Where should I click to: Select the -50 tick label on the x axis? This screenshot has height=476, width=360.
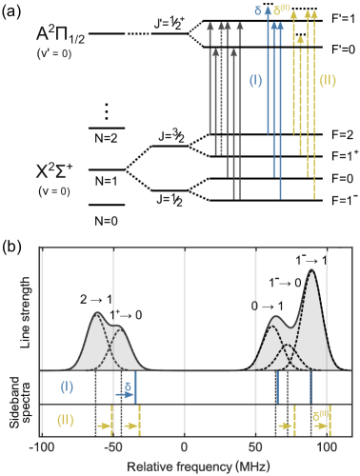pos(112,446)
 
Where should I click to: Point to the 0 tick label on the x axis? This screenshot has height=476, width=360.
pos(184,446)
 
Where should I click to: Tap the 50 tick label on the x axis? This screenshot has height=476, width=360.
pos(254,446)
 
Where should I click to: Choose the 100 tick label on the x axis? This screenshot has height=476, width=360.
pos(326,446)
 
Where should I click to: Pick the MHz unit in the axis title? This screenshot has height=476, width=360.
pos(252,466)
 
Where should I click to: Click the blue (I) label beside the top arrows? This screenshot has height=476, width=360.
pos(255,80)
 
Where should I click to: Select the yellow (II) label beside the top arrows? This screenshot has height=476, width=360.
pos(327,80)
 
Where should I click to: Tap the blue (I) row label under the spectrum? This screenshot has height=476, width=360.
pos(67,387)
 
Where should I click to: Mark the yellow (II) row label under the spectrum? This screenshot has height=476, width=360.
pos(66,419)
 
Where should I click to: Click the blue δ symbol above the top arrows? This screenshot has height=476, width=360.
pos(258,10)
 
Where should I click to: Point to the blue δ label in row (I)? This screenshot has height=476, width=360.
pos(128,387)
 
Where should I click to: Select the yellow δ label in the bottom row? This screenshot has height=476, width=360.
pos(320,414)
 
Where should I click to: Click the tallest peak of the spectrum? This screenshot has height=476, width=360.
pos(311,271)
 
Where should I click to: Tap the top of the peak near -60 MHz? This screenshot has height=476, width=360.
pos(97,313)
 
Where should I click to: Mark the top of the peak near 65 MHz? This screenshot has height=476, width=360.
pos(276,316)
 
